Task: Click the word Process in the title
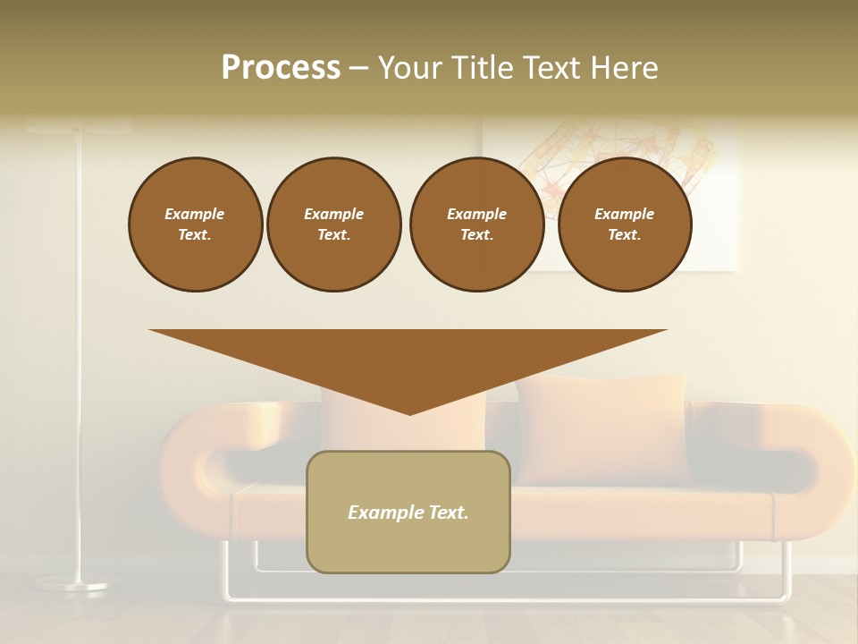click(x=281, y=68)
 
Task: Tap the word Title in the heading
click(x=479, y=68)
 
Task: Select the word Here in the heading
click(x=622, y=68)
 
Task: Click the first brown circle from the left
click(x=195, y=225)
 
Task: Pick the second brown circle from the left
click(x=333, y=225)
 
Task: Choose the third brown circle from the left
click(x=476, y=225)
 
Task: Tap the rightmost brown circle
click(x=624, y=225)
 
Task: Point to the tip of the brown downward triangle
click(x=409, y=412)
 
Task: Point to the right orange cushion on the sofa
click(x=604, y=428)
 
